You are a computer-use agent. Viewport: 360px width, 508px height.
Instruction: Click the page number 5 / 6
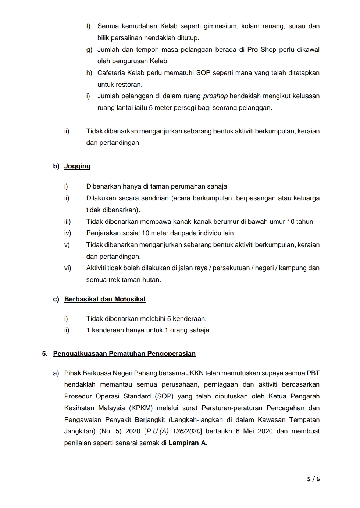[x=313, y=479]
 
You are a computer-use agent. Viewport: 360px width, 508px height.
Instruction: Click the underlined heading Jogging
[x=77, y=166]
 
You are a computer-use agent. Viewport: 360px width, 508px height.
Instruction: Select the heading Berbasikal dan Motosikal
[x=105, y=299]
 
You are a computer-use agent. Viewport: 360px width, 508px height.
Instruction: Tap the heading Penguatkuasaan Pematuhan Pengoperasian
[x=124, y=354]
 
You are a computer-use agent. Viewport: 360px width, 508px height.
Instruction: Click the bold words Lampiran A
[x=187, y=443]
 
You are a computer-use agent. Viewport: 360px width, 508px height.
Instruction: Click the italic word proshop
[x=215, y=96]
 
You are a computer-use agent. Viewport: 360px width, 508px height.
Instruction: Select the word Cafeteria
[x=111, y=73]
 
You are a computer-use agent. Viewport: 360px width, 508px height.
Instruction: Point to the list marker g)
[x=89, y=50]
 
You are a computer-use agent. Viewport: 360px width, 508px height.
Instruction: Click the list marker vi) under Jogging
[x=68, y=268]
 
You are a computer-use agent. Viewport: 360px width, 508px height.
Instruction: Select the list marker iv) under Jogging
[x=68, y=233]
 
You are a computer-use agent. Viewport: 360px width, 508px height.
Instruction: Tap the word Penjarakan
[x=102, y=233]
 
